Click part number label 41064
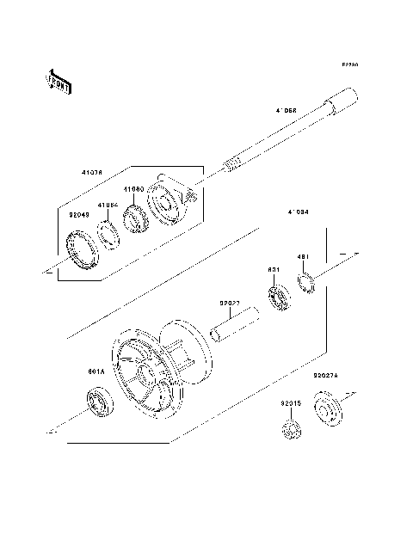[106, 205]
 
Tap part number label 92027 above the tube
[229, 303]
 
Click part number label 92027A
[329, 376]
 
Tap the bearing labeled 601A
[96, 404]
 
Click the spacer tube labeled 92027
[232, 328]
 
